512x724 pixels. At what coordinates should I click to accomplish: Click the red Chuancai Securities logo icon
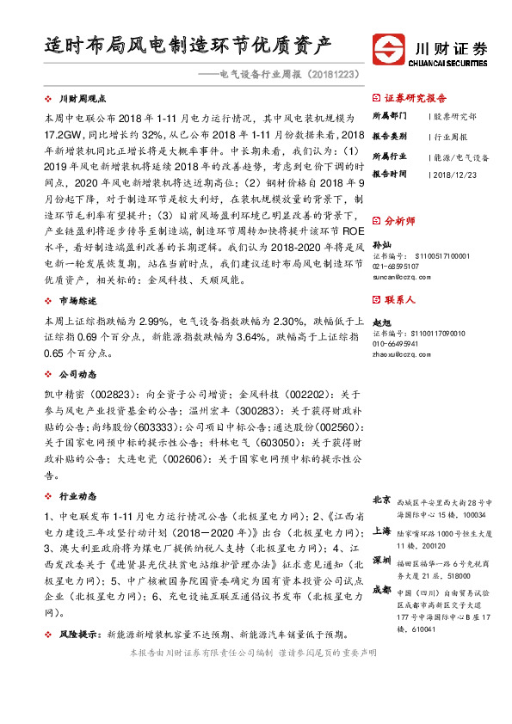390,50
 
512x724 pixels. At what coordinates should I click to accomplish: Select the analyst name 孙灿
380,244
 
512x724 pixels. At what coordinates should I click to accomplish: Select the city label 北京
383,500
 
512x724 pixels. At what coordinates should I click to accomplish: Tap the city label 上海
383,531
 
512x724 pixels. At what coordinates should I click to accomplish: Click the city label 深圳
383,561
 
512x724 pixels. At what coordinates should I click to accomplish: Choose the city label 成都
383,591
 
